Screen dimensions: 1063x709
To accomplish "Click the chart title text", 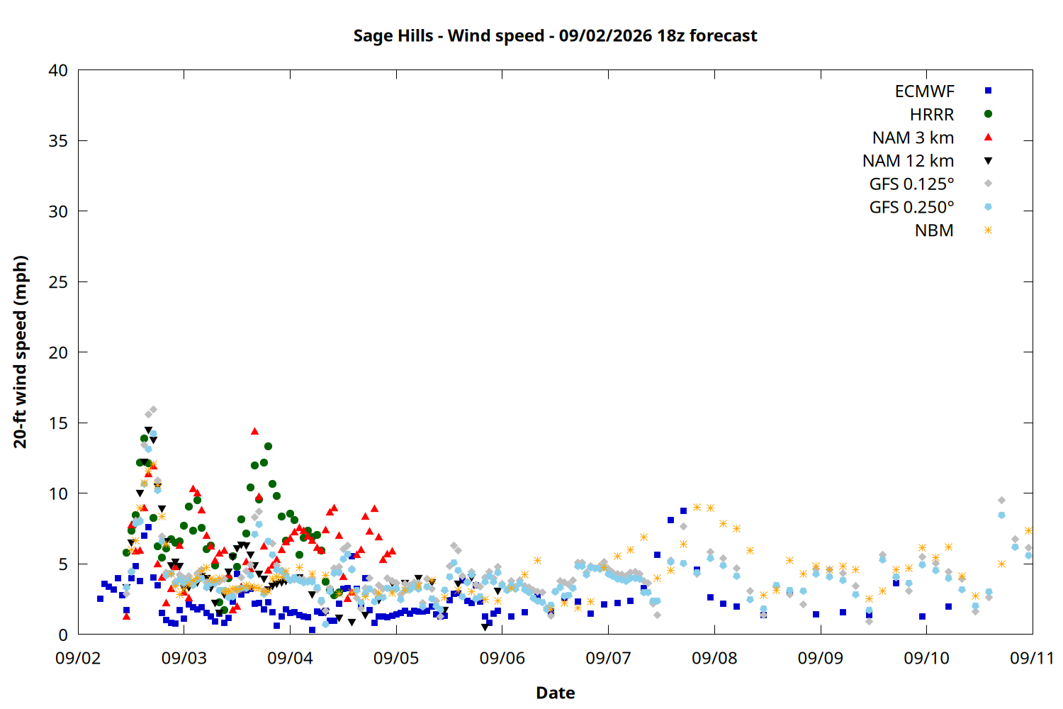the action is [x=555, y=35].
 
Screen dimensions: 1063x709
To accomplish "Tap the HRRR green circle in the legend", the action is [x=988, y=114].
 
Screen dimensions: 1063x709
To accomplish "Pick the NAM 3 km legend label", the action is [x=913, y=138].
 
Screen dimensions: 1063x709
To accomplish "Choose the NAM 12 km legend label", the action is [x=908, y=161].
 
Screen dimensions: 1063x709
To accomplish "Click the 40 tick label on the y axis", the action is [x=58, y=70].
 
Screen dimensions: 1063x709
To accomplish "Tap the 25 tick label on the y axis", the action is [x=58, y=282].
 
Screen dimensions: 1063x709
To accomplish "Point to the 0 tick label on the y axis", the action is [x=63, y=635].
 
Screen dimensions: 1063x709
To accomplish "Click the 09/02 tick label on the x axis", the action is [x=78, y=658].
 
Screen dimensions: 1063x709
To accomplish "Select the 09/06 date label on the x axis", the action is [x=502, y=658].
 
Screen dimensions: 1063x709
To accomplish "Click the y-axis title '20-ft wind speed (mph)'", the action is [x=20, y=352].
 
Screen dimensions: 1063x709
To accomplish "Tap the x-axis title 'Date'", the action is [x=555, y=693].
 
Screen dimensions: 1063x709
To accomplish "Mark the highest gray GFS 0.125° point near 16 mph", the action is [x=153, y=409].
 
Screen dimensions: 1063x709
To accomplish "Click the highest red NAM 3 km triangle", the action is [x=255, y=431].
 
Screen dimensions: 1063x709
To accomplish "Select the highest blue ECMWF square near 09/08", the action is [x=683, y=510].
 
